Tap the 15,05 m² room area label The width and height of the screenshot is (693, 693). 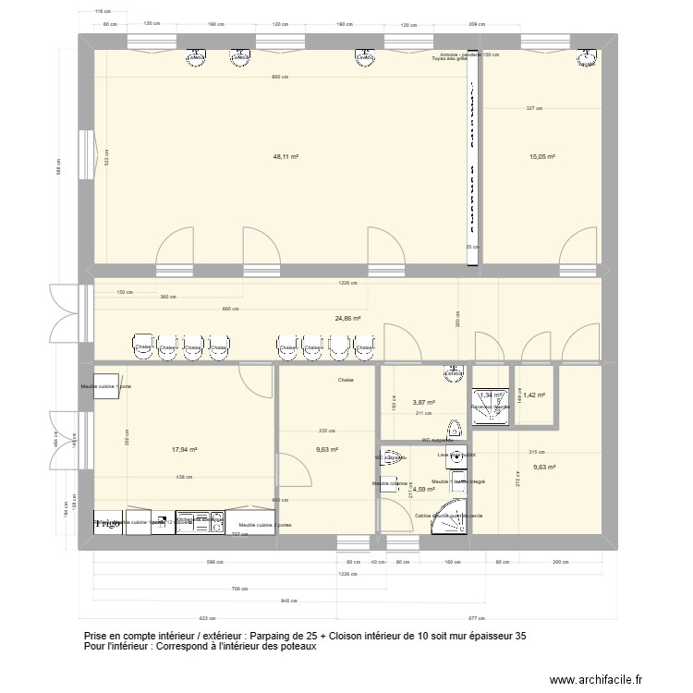(x=542, y=157)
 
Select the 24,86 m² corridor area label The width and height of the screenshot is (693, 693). (x=347, y=319)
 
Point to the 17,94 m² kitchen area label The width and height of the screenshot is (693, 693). (x=185, y=450)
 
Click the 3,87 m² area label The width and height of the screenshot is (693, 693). (x=423, y=402)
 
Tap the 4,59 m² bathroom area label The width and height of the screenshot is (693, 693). (x=423, y=490)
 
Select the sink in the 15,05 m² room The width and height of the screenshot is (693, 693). (x=587, y=59)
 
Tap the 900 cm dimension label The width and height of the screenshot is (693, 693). (x=278, y=78)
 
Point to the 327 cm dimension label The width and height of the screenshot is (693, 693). (x=534, y=108)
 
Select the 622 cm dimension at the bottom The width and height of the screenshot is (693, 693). (x=206, y=619)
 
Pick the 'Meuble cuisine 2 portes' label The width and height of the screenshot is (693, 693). (x=260, y=525)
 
